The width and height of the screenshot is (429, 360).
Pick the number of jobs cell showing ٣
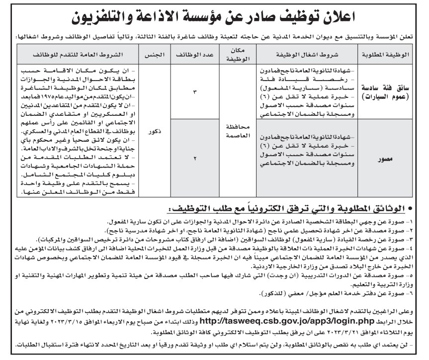pyautogui.click(x=195, y=92)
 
